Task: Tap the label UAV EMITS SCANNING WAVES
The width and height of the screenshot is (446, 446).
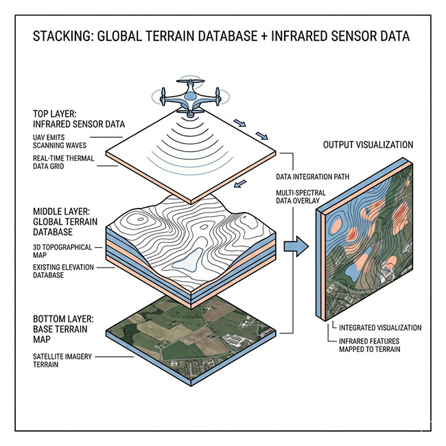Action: point(60,141)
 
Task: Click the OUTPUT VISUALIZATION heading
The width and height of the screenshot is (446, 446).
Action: point(368,145)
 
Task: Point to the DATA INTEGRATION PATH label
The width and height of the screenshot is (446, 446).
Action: point(312,176)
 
